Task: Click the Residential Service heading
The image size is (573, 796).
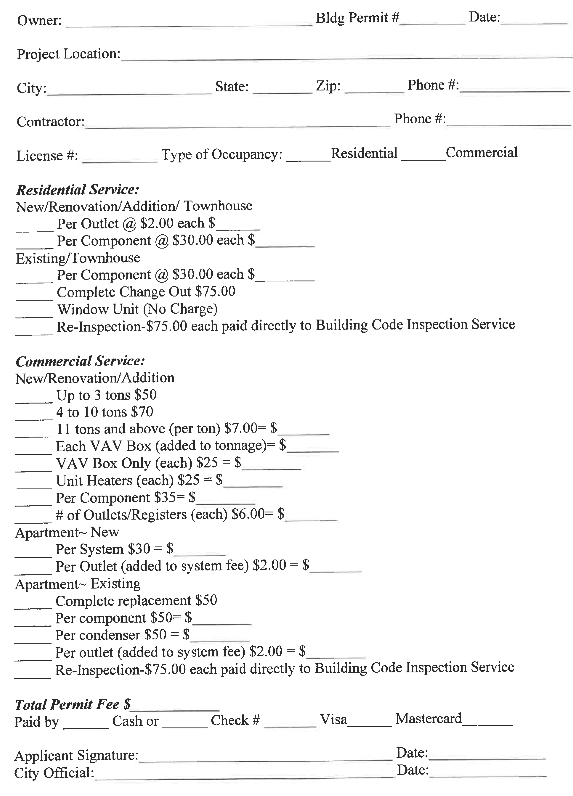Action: click(78, 190)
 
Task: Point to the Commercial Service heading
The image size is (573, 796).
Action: click(80, 361)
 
